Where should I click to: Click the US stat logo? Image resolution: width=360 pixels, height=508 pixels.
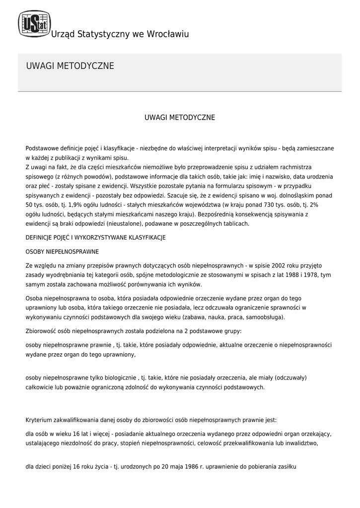tap(34, 24)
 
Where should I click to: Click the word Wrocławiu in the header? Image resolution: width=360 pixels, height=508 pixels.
tap(166, 34)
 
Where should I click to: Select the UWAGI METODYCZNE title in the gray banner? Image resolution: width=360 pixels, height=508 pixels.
tap(70, 66)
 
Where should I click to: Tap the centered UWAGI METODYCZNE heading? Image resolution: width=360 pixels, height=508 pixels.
tap(180, 118)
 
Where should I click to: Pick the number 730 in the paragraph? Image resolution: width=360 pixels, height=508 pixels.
tap(260, 204)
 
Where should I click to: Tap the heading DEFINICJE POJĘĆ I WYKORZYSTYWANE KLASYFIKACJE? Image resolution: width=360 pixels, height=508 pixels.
tap(95, 237)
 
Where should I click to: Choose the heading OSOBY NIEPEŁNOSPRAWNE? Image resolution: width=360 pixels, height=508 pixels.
tap(62, 251)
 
